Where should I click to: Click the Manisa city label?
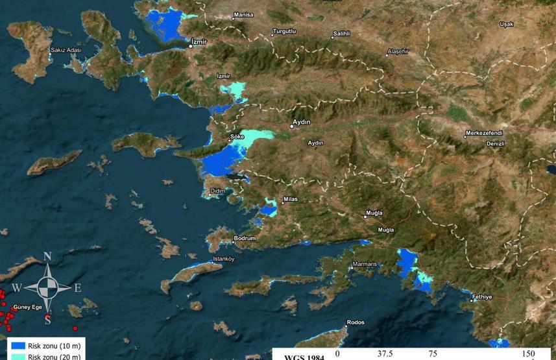[243, 14]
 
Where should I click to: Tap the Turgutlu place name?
[284, 31]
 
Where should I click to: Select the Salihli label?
[341, 33]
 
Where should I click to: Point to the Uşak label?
[506, 24]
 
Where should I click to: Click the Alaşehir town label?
[398, 51]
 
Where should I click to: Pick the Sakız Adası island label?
[66, 50]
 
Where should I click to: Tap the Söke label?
[236, 137]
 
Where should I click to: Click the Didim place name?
[218, 191]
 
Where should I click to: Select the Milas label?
[290, 199]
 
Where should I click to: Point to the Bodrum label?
[245, 238]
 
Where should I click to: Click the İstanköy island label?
[223, 259]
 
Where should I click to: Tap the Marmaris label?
[363, 264]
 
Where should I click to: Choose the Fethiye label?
[482, 296]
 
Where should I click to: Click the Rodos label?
[356, 322]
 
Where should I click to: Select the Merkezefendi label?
[483, 134]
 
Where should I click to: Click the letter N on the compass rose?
[47, 257]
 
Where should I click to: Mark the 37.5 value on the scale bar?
[385, 354]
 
